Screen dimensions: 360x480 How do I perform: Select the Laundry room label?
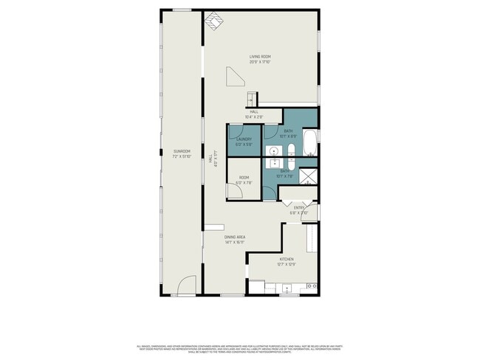[244, 139]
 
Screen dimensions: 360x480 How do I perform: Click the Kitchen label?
[286, 259]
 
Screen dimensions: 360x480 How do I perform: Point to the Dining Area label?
[236, 237]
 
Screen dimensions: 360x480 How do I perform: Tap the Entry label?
[299, 208]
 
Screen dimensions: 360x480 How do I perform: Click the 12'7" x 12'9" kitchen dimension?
[286, 263]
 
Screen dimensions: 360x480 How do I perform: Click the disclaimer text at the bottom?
[240, 347]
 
